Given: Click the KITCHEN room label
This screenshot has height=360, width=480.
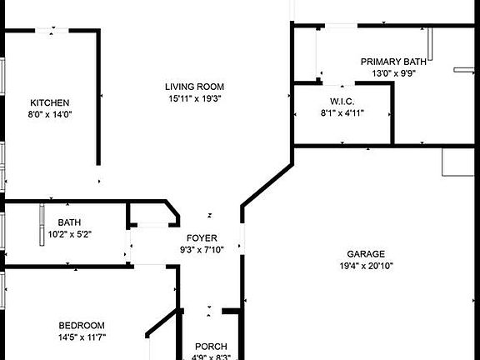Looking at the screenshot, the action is tap(50, 102).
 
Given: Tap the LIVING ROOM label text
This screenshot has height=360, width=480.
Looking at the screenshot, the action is tap(194, 87).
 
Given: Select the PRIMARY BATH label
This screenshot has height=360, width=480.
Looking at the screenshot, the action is tap(393, 62).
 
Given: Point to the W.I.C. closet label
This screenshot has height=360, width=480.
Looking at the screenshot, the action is tap(342, 102).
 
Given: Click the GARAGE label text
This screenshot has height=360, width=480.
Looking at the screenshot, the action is tap(366, 254).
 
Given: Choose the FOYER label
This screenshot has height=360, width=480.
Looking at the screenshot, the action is tap(202, 237).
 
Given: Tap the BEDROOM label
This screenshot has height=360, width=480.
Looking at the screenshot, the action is tap(82, 325).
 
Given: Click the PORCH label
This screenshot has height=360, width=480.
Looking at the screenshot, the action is tap(211, 347).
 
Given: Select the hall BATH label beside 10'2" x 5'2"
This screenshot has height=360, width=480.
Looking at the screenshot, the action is tap(69, 222).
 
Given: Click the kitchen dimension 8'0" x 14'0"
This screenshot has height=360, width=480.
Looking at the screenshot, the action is tap(50, 114).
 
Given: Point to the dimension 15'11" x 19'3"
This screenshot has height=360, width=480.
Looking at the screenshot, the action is tap(195, 98).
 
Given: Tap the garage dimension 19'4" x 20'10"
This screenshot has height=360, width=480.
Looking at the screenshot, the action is tap(366, 266).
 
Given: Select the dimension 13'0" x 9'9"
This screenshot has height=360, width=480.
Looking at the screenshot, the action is tap(393, 73).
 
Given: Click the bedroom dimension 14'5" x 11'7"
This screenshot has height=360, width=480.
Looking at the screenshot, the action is tap(82, 337).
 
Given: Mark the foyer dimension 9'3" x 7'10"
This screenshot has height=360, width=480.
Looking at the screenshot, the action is tap(202, 250).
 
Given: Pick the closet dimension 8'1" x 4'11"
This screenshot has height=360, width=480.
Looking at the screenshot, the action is tap(342, 113).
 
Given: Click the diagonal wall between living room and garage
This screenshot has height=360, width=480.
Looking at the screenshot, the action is tap(267, 186).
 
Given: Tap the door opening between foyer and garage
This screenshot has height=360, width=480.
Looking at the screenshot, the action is tap(242, 239).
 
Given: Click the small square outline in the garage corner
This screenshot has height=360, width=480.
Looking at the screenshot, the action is tap(458, 162).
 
